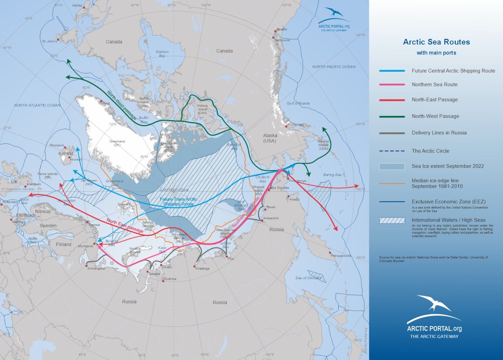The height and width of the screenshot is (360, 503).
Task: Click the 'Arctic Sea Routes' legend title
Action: pyautogui.click(x=436, y=42)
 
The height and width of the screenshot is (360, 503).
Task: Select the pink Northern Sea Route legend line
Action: pyautogui.click(x=392, y=85)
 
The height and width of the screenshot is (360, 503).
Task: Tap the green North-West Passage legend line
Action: pyautogui.click(x=392, y=117)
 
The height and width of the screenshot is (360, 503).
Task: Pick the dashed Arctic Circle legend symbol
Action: pyautogui.click(x=392, y=151)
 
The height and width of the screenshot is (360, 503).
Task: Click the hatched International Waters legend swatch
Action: pyautogui.click(x=392, y=220)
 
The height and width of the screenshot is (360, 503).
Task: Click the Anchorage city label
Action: pyautogui.click(x=295, y=124)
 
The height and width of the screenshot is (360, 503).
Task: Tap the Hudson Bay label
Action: pyautogui.click(x=162, y=54)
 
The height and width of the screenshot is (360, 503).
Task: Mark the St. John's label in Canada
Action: pyautogui.click(x=49, y=41)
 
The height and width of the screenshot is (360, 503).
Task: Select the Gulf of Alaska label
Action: pyautogui.click(x=298, y=103)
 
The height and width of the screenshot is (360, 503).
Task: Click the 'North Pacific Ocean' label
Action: pyautogui.click(x=334, y=67)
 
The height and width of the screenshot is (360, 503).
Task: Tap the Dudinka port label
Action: pyautogui.click(x=171, y=279)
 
